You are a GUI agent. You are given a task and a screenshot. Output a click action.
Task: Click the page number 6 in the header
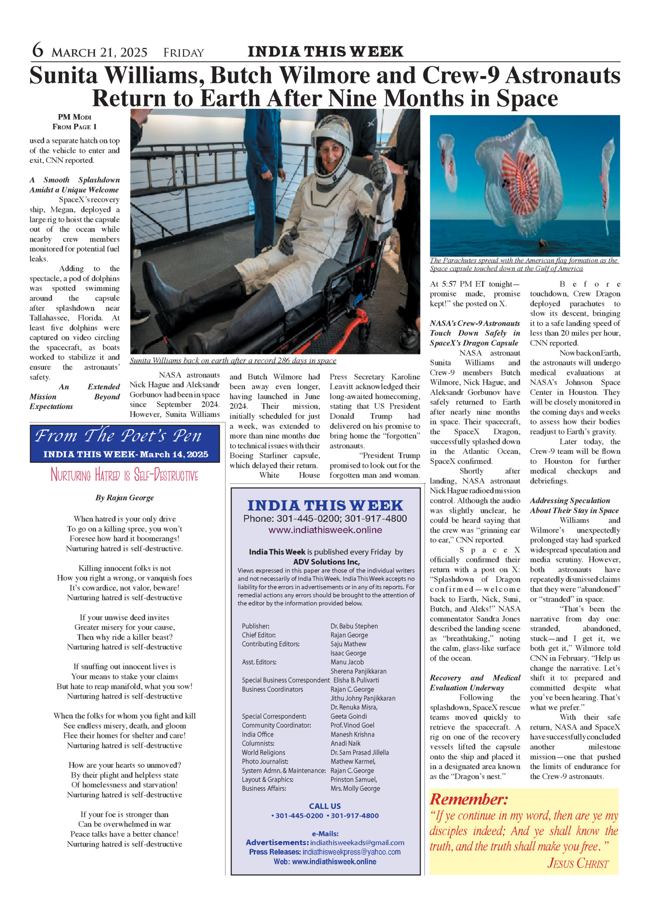click(38, 50)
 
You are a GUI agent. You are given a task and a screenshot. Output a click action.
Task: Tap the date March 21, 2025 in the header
click(99, 53)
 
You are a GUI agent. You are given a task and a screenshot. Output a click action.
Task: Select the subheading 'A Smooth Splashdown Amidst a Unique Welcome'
click(74, 185)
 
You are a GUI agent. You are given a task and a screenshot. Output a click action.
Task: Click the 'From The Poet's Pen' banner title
click(118, 436)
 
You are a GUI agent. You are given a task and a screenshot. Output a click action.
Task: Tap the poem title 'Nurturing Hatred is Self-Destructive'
click(124, 475)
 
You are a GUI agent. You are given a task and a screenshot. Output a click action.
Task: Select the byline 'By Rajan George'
click(124, 497)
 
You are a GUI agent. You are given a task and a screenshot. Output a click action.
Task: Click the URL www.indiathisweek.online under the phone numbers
click(325, 530)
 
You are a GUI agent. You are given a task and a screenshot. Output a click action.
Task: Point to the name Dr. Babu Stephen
click(354, 626)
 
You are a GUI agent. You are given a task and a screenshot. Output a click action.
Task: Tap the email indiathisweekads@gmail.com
click(357, 842)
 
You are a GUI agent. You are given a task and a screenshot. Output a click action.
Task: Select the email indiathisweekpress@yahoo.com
click(351, 852)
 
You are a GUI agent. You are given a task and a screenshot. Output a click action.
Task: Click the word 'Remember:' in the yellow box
click(468, 799)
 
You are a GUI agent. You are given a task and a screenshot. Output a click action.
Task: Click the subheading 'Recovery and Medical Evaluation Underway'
click(475, 683)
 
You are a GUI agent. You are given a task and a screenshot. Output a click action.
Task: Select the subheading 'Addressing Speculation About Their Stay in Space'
click(574, 505)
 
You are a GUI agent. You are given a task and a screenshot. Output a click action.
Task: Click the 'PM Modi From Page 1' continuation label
click(74, 122)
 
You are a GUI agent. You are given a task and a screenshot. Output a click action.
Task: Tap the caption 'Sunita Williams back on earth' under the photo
click(233, 360)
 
